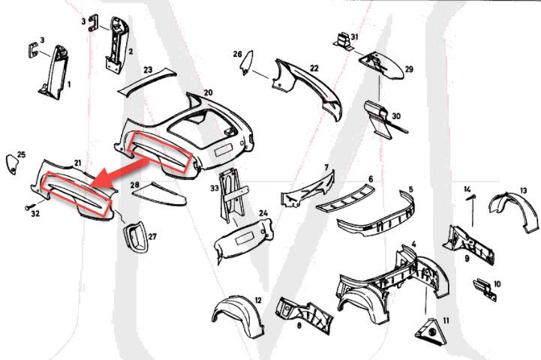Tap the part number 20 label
tap(208, 92)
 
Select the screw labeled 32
tap(29, 207)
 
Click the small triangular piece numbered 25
tap(12, 165)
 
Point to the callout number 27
tap(152, 236)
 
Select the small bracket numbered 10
tap(485, 289)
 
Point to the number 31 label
tap(355, 37)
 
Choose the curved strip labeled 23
tap(146, 82)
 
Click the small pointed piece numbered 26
tap(248, 63)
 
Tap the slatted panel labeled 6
tap(345, 198)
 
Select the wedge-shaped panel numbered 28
tap(159, 193)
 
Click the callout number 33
tap(215, 188)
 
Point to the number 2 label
tap(131, 52)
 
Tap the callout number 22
tap(314, 68)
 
